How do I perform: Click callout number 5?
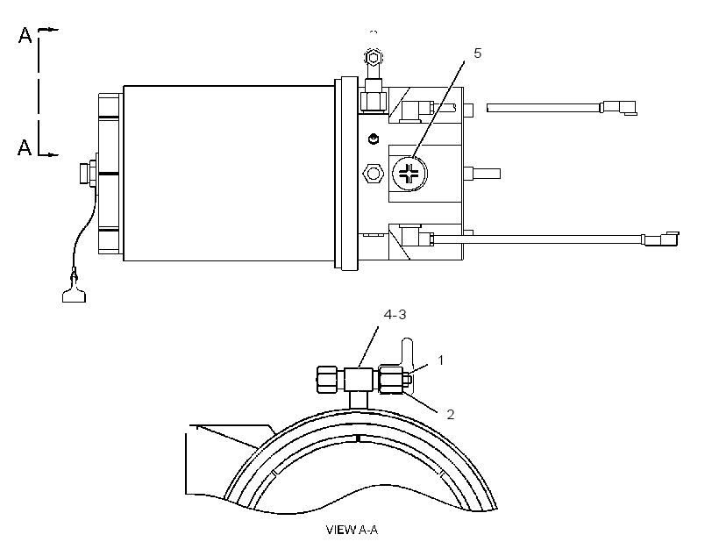click(477, 53)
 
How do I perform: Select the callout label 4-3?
click(395, 315)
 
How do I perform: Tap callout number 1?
click(441, 360)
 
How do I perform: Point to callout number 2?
click(451, 414)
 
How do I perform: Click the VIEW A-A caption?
click(352, 530)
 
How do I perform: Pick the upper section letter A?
click(25, 35)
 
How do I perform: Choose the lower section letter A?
click(25, 147)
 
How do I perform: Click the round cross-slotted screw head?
click(409, 174)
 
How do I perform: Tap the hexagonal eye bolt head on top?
click(374, 58)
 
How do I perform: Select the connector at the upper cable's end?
click(619, 108)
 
